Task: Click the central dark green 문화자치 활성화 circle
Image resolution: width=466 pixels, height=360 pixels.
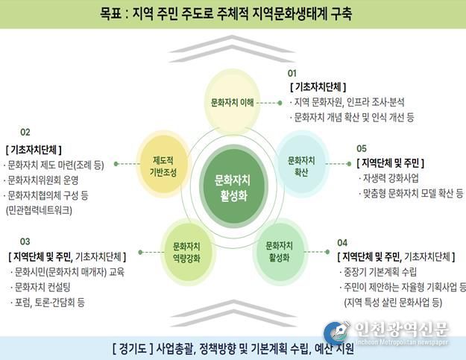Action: point(233,186)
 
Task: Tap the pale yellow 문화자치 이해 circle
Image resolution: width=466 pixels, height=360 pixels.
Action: point(232,102)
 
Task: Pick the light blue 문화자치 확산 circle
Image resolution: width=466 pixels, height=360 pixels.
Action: point(301,164)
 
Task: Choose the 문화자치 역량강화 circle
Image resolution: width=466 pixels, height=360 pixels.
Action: point(186,253)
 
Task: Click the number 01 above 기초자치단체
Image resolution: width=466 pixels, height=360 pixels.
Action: point(292,73)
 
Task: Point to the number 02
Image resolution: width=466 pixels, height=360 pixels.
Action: point(25,132)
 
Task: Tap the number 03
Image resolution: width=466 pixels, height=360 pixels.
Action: point(25,241)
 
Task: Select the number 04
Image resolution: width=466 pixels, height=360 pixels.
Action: point(342,243)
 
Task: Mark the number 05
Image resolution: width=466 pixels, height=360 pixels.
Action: point(362,148)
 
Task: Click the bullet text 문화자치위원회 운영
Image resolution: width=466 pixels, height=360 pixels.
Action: point(42,180)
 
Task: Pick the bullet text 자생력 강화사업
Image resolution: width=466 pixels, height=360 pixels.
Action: point(391,178)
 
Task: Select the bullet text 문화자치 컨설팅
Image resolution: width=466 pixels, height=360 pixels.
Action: point(42,287)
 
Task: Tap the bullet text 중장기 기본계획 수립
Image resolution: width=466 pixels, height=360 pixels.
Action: point(380,272)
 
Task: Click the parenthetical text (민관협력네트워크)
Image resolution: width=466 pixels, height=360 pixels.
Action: point(39,211)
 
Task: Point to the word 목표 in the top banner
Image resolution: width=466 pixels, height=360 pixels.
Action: point(110,13)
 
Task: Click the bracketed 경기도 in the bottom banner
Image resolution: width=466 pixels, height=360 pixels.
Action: point(133,348)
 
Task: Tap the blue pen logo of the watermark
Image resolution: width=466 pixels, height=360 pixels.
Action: point(336,332)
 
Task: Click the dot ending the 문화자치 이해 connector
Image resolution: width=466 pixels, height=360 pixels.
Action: point(280,103)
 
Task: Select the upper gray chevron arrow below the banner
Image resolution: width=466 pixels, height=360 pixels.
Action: point(232,43)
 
